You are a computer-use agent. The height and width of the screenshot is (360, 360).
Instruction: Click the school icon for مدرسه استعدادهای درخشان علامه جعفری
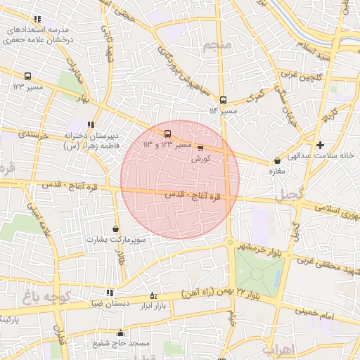(37, 20)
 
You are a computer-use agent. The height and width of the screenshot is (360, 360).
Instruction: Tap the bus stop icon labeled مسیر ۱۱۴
(223, 101)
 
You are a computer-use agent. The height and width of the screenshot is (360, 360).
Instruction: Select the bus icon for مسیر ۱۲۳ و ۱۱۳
(167, 134)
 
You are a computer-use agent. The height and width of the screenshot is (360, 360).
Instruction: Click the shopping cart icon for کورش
(201, 148)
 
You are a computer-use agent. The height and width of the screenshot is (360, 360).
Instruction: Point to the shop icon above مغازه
(277, 161)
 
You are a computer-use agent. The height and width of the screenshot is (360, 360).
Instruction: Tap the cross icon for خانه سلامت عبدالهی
(321, 145)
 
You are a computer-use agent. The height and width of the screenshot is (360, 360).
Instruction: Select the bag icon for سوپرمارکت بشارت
(115, 229)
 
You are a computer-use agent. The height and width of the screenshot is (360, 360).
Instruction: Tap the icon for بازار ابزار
(153, 295)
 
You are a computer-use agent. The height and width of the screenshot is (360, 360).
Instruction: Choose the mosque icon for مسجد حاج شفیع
(120, 333)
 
